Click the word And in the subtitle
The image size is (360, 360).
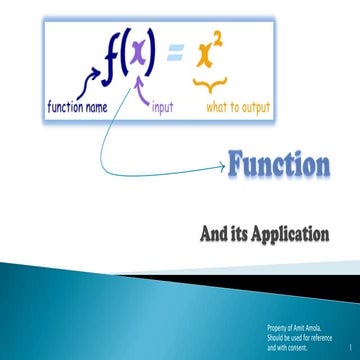(213, 237)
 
